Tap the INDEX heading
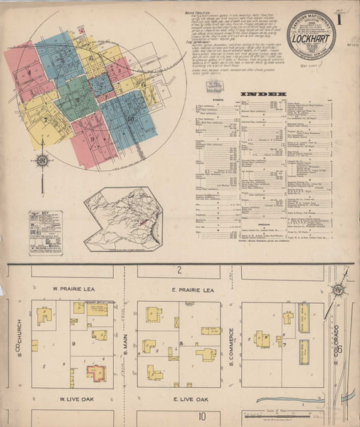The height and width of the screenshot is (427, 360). pyautogui.click(x=263, y=94)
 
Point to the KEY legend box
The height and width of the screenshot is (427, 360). pyautogui.click(x=45, y=232)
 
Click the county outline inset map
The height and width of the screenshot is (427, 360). pyautogui.click(x=123, y=218)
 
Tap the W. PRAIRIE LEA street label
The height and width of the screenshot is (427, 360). pyautogui.click(x=73, y=290)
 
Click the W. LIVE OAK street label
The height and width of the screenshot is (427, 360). pyautogui.click(x=72, y=399)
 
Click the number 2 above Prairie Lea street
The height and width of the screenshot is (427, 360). pyautogui.click(x=180, y=269)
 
